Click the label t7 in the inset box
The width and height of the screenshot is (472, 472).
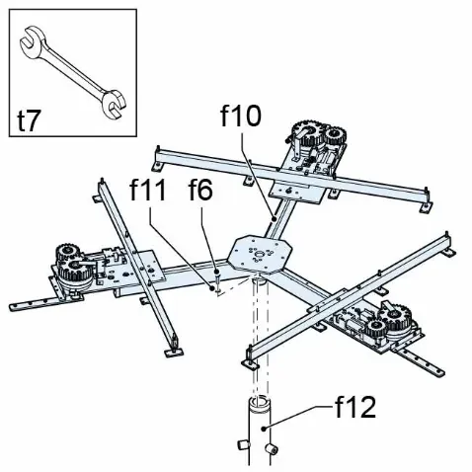(30, 120)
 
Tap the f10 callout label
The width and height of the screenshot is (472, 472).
(241, 116)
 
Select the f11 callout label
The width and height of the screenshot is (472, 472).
(148, 190)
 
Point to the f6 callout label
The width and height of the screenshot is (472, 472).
(200, 190)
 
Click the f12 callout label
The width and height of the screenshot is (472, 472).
(355, 407)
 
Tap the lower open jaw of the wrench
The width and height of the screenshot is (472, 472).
(114, 104)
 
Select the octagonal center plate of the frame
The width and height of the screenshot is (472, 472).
(259, 254)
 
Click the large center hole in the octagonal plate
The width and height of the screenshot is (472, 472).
(260, 254)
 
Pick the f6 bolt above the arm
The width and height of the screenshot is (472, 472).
(217, 279)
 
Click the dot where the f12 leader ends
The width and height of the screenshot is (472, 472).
(263, 429)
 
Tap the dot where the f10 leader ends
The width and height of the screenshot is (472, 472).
(274, 217)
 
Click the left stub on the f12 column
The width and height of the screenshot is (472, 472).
(243, 445)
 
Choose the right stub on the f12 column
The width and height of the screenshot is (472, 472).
(272, 449)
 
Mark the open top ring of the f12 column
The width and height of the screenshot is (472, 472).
(259, 402)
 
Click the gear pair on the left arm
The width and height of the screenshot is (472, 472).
(74, 267)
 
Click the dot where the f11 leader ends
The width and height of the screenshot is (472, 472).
(212, 288)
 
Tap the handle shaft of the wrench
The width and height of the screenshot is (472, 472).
(74, 73)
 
